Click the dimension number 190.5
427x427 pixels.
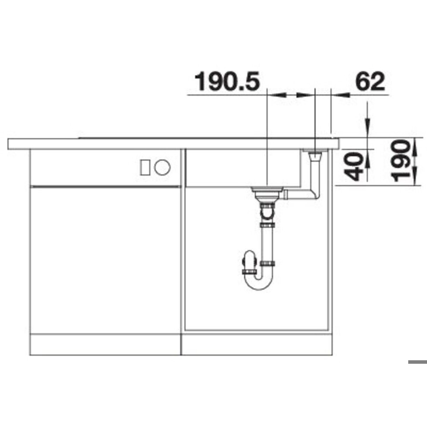pyautogui.click(x=227, y=81)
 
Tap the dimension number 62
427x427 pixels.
pyautogui.click(x=370, y=81)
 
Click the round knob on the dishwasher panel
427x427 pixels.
pyautogui.click(x=162, y=167)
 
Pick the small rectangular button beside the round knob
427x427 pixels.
pyautogui.click(x=145, y=167)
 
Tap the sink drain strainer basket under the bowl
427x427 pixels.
pyautogui.click(x=267, y=194)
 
